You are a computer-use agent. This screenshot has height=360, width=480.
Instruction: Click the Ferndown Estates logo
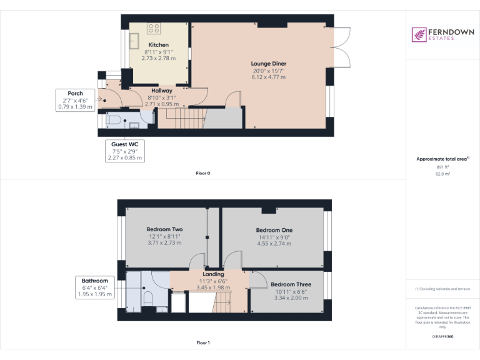[442, 34]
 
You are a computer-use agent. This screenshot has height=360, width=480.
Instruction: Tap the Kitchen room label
[158, 45]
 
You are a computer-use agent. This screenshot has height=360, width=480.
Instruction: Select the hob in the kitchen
[154, 28]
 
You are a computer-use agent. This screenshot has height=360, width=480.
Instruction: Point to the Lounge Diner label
[269, 64]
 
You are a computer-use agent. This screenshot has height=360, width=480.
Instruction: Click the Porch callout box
[75, 100]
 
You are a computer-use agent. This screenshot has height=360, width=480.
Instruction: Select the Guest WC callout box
[124, 151]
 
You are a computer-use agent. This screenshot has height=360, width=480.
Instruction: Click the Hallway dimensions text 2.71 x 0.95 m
[157, 104]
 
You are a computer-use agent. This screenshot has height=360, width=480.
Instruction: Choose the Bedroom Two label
[164, 230]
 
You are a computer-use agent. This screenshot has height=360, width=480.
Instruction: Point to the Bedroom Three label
[291, 284]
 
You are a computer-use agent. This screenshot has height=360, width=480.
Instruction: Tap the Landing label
[213, 274]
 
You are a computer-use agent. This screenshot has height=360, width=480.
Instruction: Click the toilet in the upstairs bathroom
[149, 298]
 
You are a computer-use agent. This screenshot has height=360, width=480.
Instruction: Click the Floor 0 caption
[203, 173]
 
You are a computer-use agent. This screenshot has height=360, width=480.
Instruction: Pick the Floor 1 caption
[203, 343]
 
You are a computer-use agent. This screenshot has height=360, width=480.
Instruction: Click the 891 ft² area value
[442, 167]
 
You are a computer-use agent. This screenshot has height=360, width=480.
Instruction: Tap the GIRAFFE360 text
[442, 337]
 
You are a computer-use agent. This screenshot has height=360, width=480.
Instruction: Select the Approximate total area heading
[442, 159]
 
